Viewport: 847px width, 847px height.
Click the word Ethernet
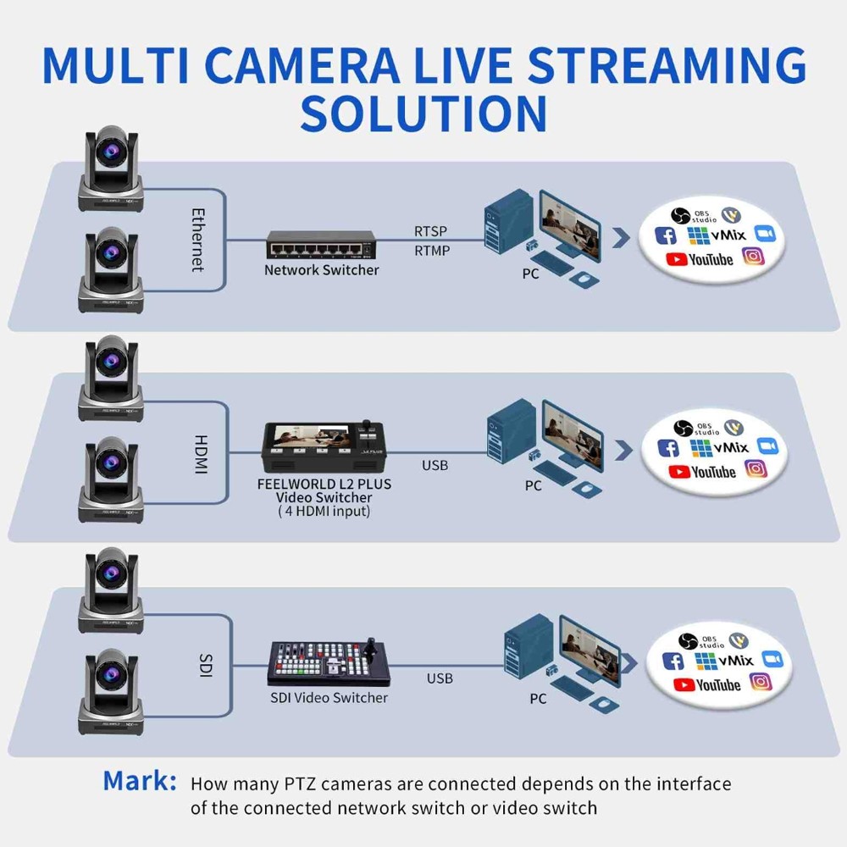(197, 240)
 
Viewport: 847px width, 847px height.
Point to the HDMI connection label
(201, 454)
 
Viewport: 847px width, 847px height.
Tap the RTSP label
(431, 230)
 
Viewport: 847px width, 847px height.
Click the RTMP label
(432, 250)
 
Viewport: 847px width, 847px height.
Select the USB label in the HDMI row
(435, 465)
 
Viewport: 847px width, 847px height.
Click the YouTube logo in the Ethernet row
(700, 258)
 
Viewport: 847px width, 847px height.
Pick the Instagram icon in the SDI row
(761, 681)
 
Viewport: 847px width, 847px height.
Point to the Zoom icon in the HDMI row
(767, 446)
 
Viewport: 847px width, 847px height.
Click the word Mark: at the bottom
(140, 780)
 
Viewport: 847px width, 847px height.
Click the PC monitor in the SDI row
(588, 643)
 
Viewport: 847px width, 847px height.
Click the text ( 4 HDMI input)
(324, 512)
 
